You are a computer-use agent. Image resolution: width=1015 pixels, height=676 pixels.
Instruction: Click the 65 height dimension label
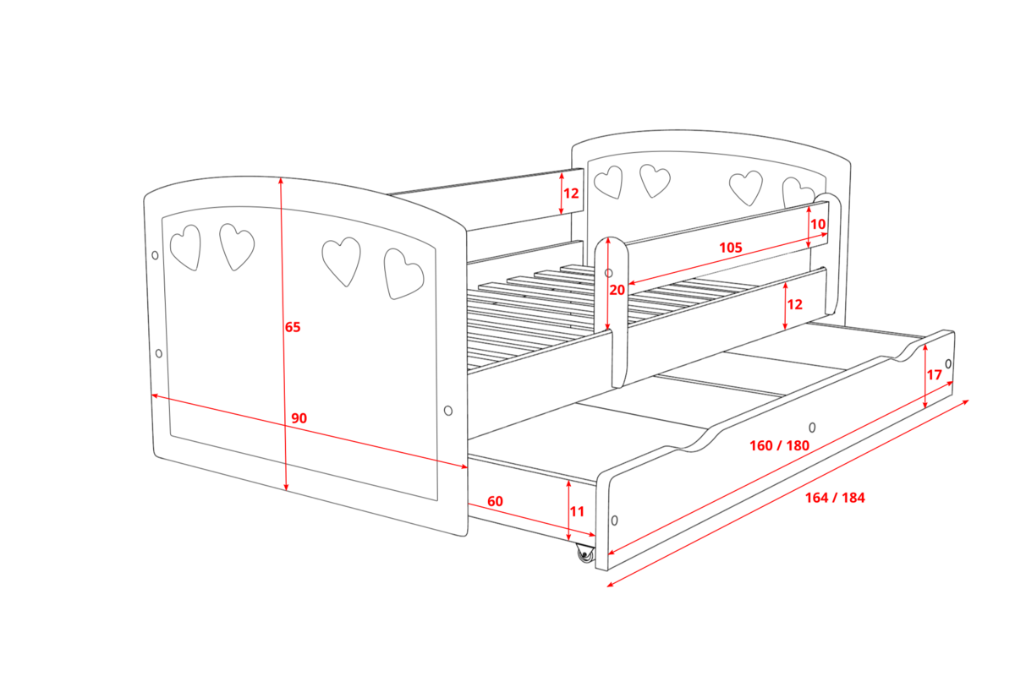293,327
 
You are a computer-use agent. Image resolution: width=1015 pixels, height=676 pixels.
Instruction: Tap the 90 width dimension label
299,418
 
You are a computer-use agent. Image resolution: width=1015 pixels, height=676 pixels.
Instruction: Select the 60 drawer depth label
496,501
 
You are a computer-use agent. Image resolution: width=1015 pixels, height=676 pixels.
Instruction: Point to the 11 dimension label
577,511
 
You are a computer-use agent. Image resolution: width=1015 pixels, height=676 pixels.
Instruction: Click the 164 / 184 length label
835,498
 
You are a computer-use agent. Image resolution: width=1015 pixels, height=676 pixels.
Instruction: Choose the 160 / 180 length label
779,445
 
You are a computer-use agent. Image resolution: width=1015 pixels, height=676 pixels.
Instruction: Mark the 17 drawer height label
935,375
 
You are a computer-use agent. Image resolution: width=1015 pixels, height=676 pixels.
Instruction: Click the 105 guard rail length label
731,248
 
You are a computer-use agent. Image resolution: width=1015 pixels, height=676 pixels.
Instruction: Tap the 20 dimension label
617,290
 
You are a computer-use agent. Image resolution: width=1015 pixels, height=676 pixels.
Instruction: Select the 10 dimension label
818,224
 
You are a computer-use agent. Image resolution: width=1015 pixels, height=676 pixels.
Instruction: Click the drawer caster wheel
585,554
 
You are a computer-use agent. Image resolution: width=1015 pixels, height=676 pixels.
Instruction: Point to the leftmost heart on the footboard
185,248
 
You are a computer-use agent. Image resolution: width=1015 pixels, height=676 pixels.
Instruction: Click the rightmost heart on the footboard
403,274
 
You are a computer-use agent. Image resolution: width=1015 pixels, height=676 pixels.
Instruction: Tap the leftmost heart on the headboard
608,182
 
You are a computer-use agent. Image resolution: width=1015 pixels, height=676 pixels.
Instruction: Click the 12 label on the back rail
571,194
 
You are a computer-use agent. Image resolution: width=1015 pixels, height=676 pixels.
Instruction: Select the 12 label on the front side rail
795,304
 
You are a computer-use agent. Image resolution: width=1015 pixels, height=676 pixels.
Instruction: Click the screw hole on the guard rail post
608,273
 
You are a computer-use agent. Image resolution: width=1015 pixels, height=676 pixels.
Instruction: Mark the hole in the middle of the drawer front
813,428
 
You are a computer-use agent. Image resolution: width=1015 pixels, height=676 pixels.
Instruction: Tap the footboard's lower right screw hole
448,411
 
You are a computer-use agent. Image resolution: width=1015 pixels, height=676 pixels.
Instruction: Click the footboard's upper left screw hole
155,255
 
